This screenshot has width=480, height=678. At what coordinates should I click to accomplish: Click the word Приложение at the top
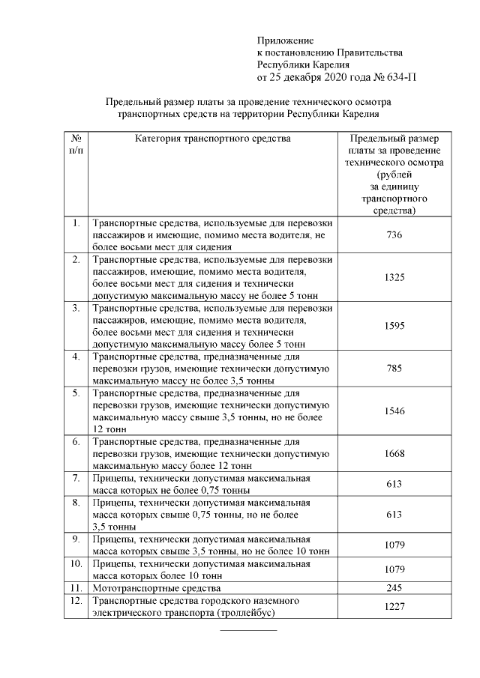tap(285, 40)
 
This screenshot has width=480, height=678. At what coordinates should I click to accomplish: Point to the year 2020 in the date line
tap(326, 76)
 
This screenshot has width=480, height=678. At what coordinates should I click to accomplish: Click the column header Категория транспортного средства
tap(213, 139)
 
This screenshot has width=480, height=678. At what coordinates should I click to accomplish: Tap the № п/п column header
tap(76, 145)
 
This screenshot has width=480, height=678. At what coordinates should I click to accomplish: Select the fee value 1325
tap(394, 277)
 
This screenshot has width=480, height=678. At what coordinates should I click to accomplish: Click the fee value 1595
tap(394, 327)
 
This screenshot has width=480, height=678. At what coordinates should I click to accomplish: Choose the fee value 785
tap(394, 369)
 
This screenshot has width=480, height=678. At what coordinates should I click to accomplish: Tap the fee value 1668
tap(394, 453)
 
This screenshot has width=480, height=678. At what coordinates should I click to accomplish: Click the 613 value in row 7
tap(394, 484)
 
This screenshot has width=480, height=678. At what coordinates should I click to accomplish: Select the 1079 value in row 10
tap(394, 569)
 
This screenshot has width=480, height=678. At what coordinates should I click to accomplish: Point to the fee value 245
tap(394, 588)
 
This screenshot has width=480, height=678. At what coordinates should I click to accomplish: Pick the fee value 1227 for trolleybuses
tap(394, 607)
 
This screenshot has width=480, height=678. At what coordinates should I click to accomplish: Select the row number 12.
tap(75, 601)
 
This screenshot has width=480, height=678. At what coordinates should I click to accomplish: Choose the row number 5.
tap(76, 393)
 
